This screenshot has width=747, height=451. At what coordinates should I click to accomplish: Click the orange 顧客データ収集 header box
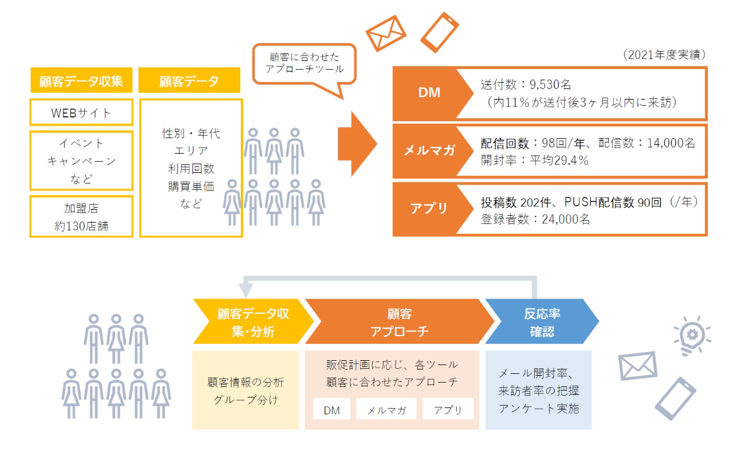tap(81, 81)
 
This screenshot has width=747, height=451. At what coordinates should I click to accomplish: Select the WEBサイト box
tap(81, 113)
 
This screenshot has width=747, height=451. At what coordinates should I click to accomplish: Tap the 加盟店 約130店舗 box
tap(81, 216)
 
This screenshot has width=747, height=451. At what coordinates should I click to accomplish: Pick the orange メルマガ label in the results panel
tap(429, 151)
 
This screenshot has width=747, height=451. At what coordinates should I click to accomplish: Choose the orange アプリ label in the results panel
tap(429, 208)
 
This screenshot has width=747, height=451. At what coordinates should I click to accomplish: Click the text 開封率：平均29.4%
tap(535, 160)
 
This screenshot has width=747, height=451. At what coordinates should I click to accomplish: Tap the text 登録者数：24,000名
tap(535, 218)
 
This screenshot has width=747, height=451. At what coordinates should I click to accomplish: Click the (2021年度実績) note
tap(664, 55)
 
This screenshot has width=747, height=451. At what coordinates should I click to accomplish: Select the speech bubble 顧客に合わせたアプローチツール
tap(304, 63)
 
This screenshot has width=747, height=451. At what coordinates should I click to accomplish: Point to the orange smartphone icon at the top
tap(439, 31)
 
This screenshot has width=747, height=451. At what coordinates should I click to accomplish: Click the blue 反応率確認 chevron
tap(539, 322)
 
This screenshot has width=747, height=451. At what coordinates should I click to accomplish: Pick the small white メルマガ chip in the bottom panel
tap(386, 409)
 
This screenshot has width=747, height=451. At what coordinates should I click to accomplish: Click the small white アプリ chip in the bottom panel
tap(448, 409)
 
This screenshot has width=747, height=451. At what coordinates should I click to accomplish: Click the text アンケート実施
tap(539, 409)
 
